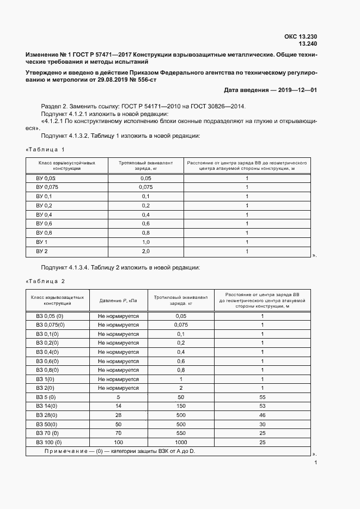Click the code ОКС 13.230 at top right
click(301, 36)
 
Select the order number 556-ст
click(145, 79)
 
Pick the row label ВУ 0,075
click(47, 187)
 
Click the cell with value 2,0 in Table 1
click(145, 251)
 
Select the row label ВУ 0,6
click(44, 223)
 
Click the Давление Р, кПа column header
click(118, 301)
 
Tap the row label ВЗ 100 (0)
click(50, 443)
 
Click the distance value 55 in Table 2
click(262, 397)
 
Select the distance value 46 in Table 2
click(262, 415)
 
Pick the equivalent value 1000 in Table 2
click(181, 443)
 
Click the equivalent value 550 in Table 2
click(181, 433)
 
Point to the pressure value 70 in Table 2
click(118, 433)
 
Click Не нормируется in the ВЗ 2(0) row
click(118, 388)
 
